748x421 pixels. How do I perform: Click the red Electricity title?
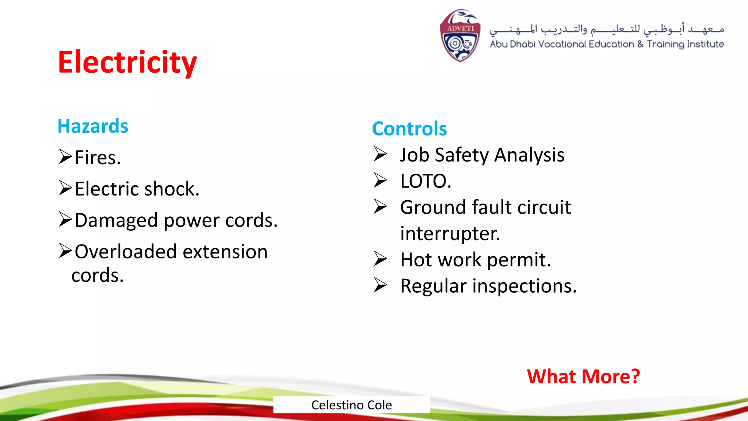127,62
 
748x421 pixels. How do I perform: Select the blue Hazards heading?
93,126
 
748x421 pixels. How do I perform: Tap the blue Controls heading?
409,129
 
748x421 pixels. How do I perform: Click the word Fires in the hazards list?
97,158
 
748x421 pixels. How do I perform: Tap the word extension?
225,252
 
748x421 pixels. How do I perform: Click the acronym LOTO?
425,181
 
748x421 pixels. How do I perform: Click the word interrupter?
450,234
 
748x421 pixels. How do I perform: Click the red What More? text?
583,376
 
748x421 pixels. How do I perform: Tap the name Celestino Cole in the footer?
351,405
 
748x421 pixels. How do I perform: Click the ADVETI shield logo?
460,36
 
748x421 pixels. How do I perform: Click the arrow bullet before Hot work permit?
380,259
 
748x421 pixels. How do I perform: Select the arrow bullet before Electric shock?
66,188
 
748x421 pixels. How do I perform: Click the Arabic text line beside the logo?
606,29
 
